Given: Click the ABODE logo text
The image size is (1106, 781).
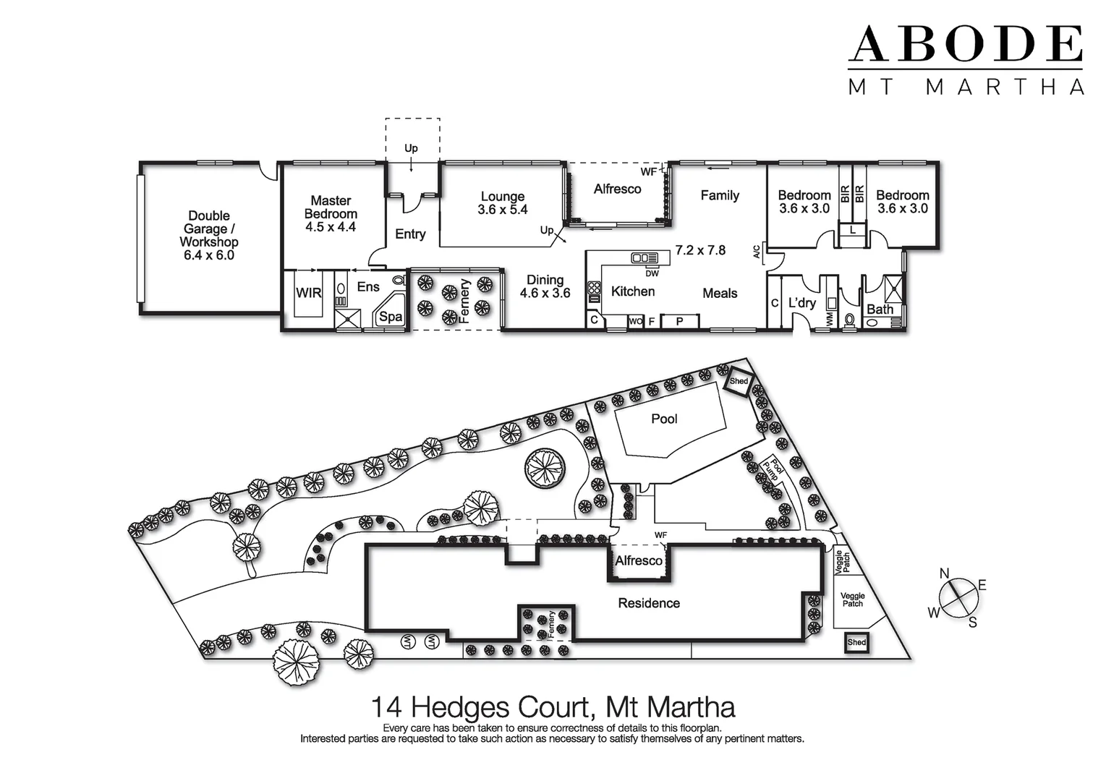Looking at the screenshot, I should [x=965, y=45].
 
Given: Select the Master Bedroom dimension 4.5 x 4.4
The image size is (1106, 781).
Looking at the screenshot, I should [x=331, y=227].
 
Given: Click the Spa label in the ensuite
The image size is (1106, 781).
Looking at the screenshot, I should [x=391, y=316].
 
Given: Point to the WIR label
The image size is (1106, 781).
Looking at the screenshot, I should [x=308, y=293].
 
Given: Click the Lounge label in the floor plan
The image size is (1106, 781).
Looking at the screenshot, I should [x=502, y=197].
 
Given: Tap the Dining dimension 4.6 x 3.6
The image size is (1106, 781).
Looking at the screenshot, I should [x=545, y=294].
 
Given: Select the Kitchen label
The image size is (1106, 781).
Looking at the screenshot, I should [x=632, y=291].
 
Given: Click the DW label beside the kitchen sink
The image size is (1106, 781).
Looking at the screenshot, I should [x=652, y=273].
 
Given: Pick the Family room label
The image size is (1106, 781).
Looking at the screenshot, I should [x=719, y=195].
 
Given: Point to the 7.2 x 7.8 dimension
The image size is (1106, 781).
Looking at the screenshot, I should [x=699, y=250].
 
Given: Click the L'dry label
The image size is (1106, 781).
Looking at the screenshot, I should [x=801, y=302].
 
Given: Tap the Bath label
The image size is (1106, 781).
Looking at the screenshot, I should [x=880, y=310].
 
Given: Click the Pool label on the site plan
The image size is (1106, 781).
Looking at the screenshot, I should [x=663, y=419].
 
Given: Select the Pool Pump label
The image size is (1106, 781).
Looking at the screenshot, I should [x=773, y=470].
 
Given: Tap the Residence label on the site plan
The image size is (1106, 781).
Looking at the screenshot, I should [x=648, y=603].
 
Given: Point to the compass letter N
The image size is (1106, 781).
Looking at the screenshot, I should [x=944, y=573].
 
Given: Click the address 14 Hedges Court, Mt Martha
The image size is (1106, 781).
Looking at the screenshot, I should [x=553, y=707].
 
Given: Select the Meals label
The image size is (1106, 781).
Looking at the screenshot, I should [x=719, y=293].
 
